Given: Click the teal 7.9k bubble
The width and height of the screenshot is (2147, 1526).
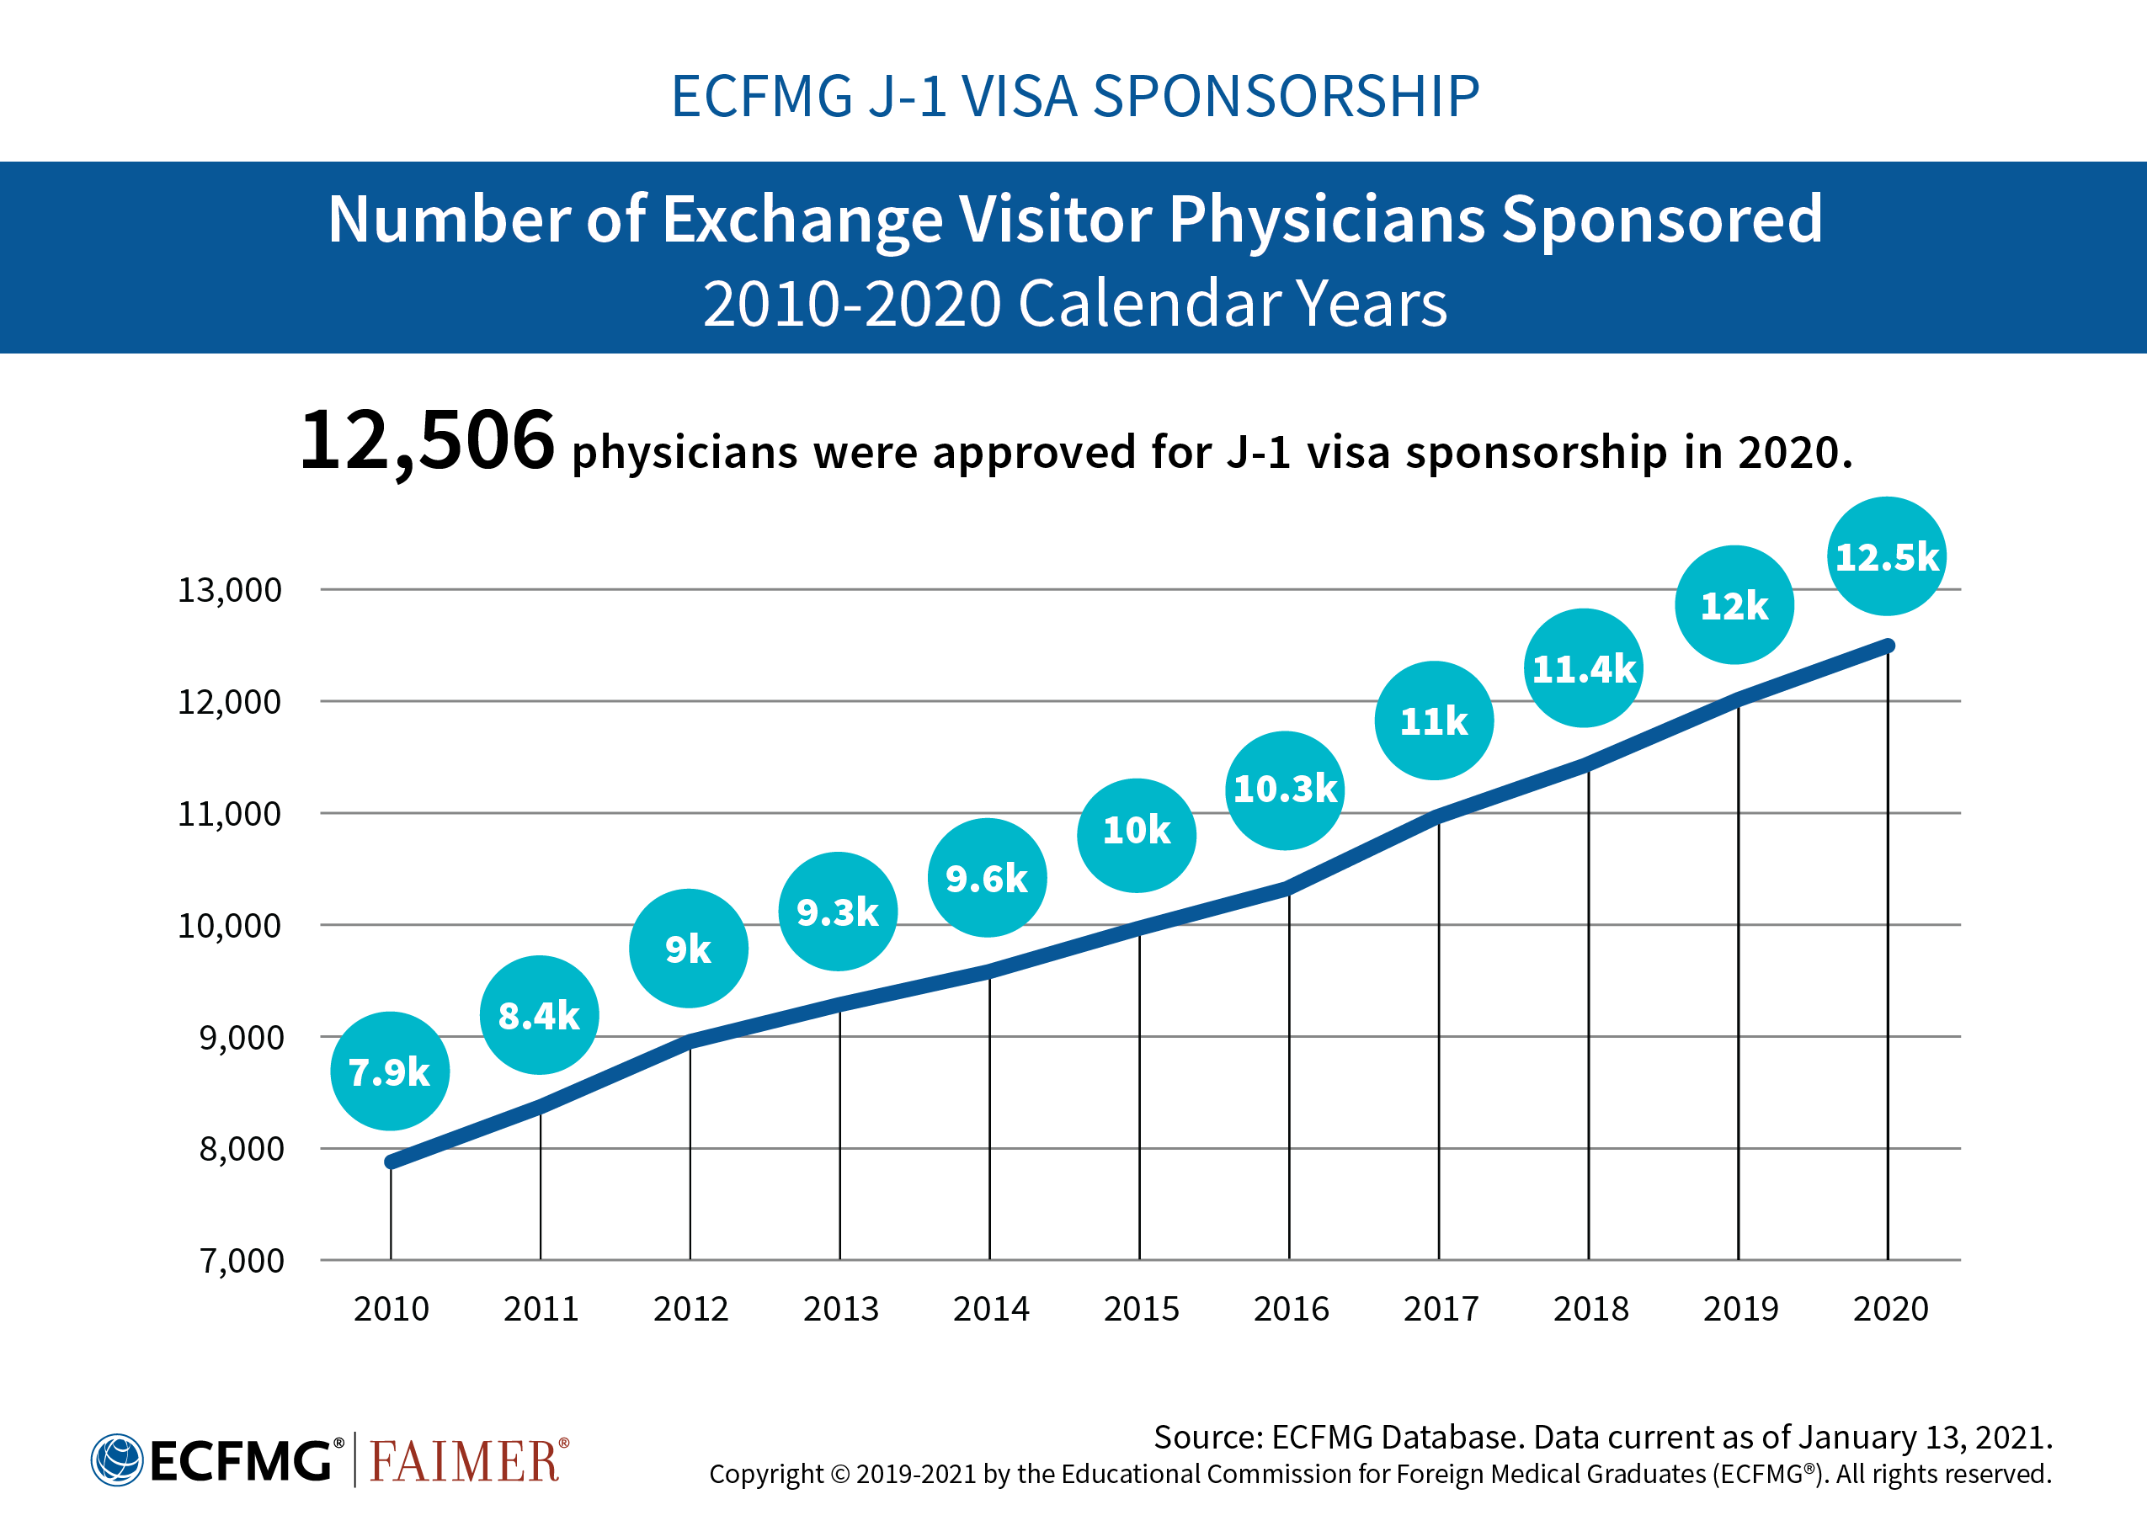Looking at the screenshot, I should click(389, 1071).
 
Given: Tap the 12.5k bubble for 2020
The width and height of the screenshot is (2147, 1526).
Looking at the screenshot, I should click(1886, 556).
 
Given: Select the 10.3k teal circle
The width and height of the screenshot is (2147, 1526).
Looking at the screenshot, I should click(1284, 790).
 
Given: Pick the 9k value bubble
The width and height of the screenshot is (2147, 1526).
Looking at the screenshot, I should click(688, 948).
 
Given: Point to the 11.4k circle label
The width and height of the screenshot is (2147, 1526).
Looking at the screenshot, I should click(1583, 668).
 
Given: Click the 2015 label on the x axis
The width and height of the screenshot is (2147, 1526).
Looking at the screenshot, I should click(1140, 1308).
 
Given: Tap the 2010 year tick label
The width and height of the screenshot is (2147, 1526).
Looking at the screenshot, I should click(391, 1308).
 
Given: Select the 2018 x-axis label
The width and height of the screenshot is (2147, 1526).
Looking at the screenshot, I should click(1590, 1308).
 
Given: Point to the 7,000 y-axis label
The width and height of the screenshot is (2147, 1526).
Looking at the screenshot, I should click(241, 1260).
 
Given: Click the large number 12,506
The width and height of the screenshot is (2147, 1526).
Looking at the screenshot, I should click(427, 441).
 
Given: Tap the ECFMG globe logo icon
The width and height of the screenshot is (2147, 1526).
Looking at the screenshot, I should click(116, 1460).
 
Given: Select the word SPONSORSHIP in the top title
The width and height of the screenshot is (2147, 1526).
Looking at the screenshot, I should click(1285, 96).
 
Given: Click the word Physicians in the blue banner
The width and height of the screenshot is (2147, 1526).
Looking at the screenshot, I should click(1325, 219).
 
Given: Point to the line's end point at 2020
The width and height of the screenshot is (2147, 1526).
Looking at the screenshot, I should click(1888, 646).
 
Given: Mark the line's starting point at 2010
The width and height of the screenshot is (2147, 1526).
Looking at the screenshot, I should click(391, 1162).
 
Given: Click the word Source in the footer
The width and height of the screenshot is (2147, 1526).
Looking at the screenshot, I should click(1207, 1437).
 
